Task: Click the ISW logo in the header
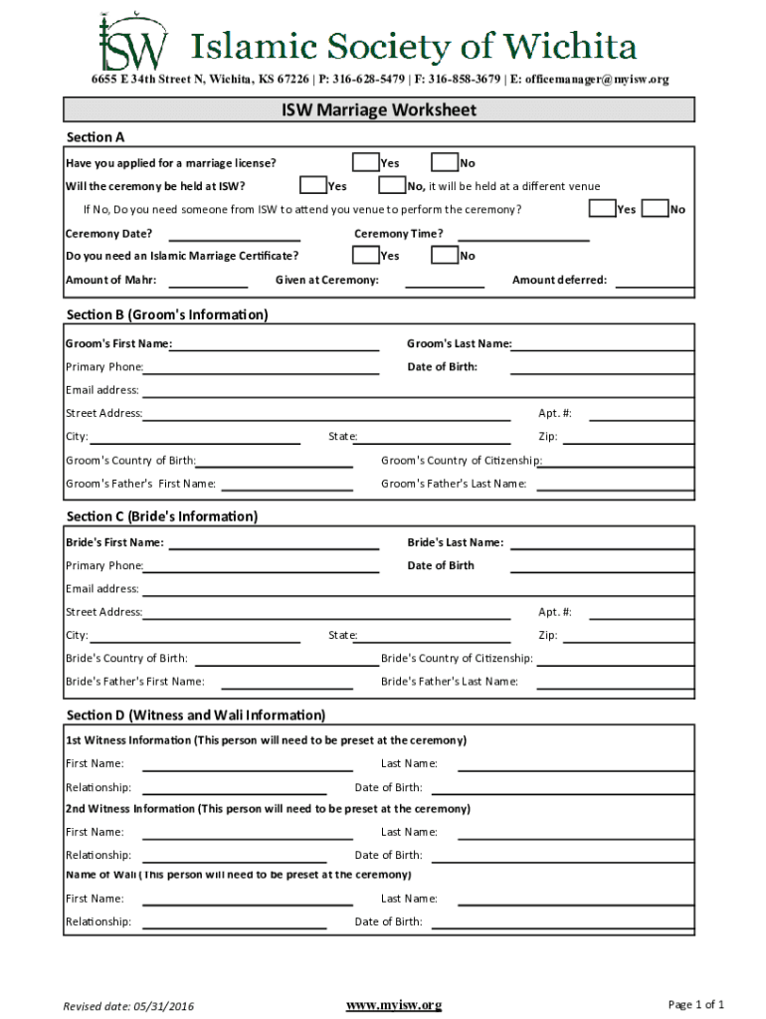(131, 42)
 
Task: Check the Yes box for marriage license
(365, 162)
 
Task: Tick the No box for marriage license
(444, 162)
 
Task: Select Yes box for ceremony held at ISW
(313, 185)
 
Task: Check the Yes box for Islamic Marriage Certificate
(365, 256)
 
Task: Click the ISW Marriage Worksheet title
(379, 109)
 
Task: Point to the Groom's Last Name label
(459, 344)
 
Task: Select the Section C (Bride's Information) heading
(162, 516)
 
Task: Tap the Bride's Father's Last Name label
(450, 682)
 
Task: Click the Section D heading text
(196, 715)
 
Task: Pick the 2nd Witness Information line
(268, 809)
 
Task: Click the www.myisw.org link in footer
(393, 1005)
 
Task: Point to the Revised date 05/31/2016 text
(129, 1006)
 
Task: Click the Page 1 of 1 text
(696, 1004)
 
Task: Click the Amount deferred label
(559, 280)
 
